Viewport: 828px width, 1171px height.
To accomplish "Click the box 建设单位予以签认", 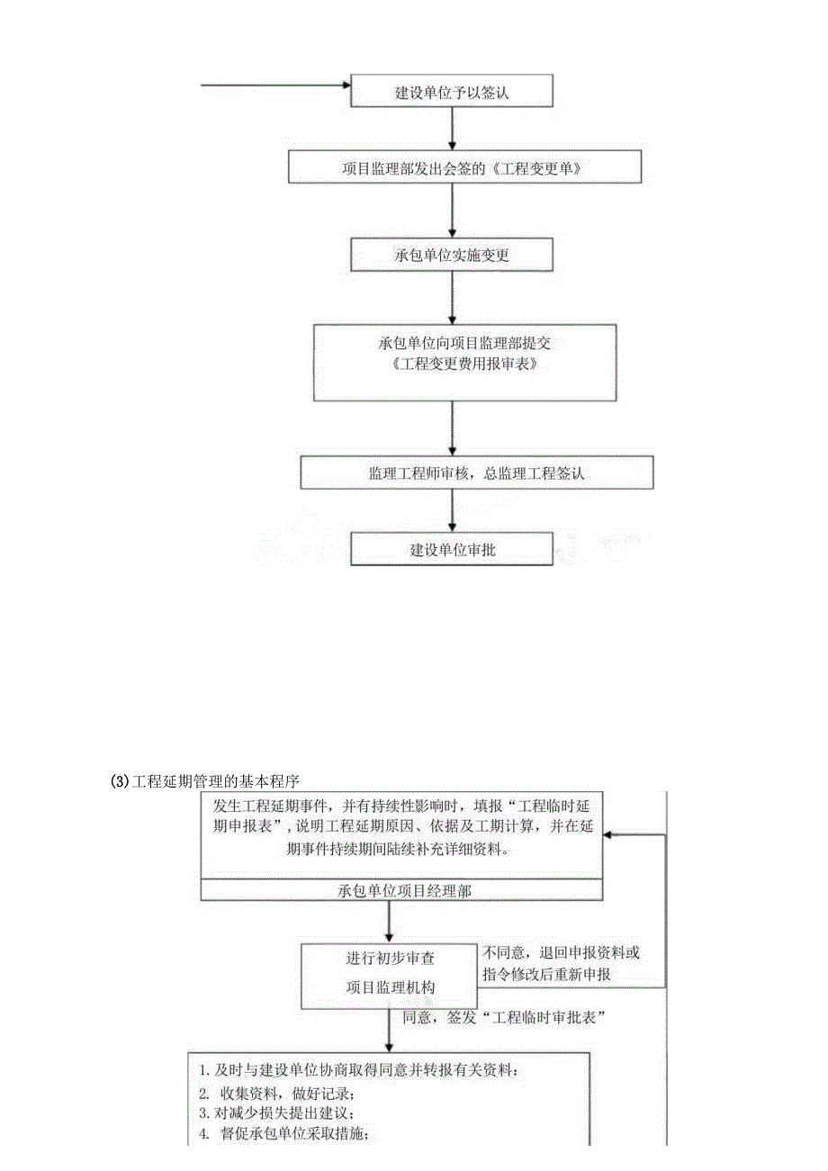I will coord(451,92).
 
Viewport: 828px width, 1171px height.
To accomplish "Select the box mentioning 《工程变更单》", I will coord(464,167).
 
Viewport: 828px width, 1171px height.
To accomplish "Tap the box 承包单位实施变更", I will coord(451,256).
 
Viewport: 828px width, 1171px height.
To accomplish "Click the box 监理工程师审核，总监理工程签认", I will coord(476,473).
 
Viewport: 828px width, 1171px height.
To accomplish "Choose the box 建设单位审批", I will coord(451,550).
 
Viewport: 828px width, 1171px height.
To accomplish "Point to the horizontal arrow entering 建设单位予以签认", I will coord(274,86).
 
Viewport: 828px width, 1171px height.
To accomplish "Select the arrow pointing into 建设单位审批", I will coord(451,512).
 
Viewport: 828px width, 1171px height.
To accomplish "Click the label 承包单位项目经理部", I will coord(400,889).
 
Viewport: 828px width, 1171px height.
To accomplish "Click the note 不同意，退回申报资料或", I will coord(562,951).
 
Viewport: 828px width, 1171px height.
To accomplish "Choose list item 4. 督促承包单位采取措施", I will coord(283,1133).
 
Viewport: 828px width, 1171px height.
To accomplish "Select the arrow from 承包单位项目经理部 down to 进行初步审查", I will coord(390,921).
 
